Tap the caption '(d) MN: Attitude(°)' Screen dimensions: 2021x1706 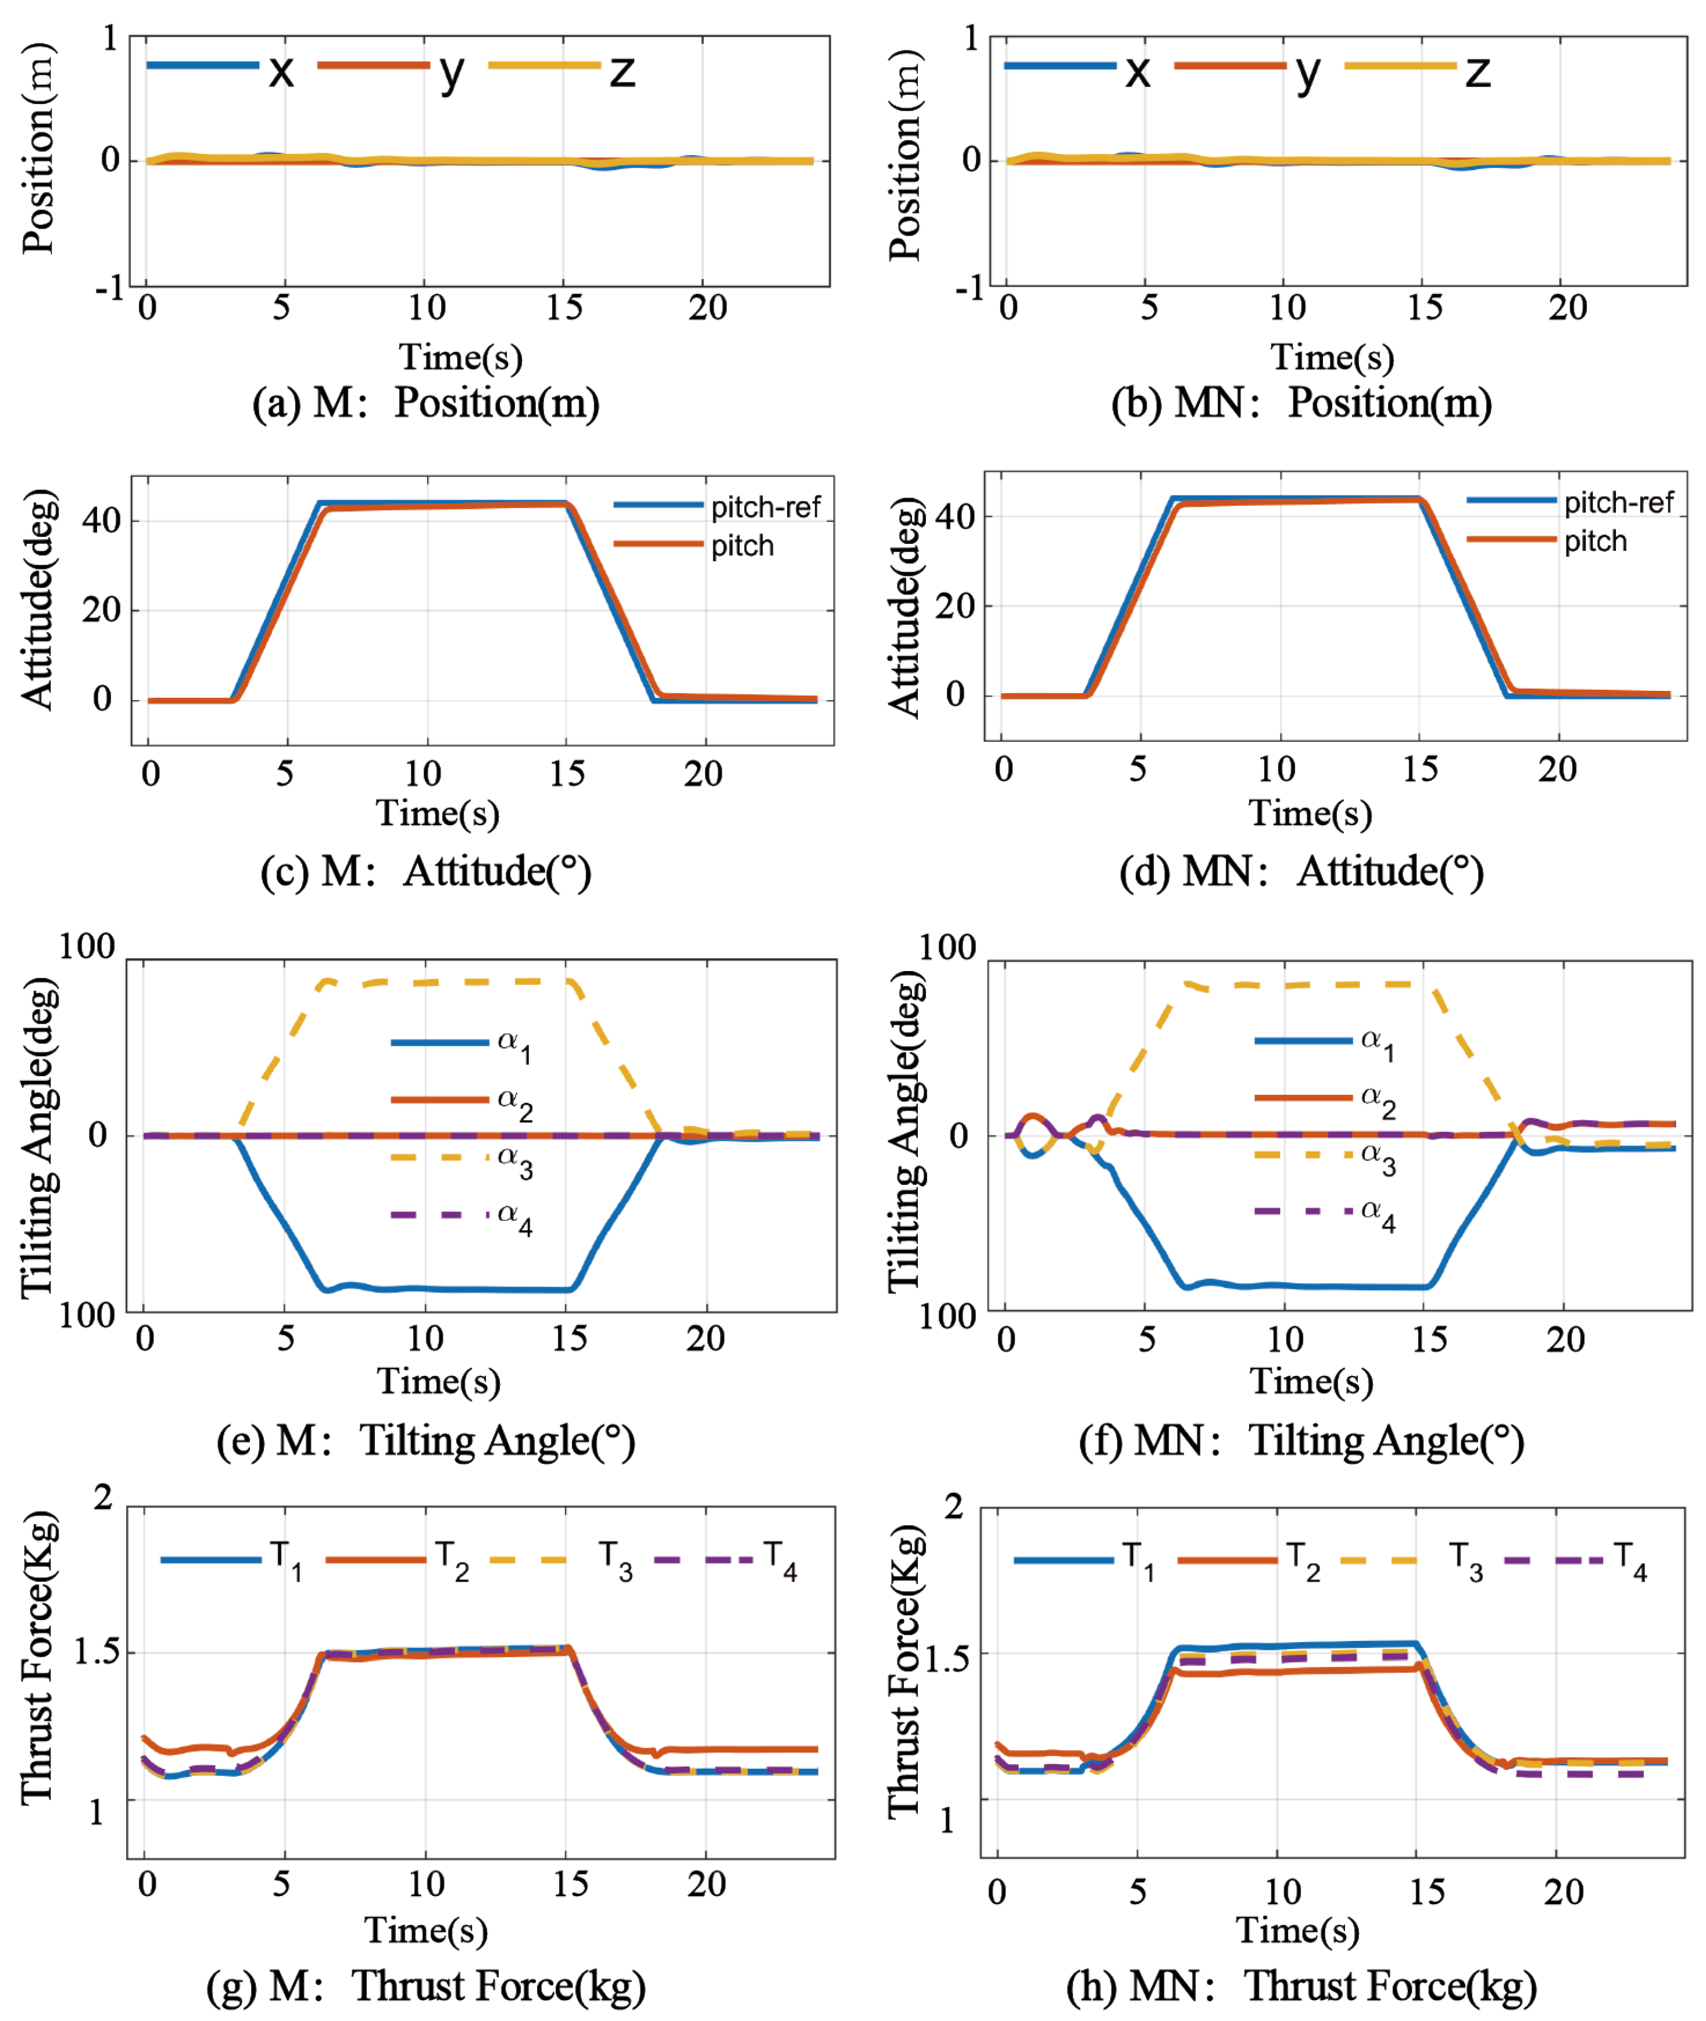pos(1301,871)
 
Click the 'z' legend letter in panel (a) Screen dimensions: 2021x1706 pos(622,70)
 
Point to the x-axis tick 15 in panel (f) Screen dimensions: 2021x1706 pos(1428,1339)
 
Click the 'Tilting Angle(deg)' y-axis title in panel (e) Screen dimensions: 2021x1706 pos(39,1136)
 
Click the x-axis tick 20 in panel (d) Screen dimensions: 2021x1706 pos(1557,770)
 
